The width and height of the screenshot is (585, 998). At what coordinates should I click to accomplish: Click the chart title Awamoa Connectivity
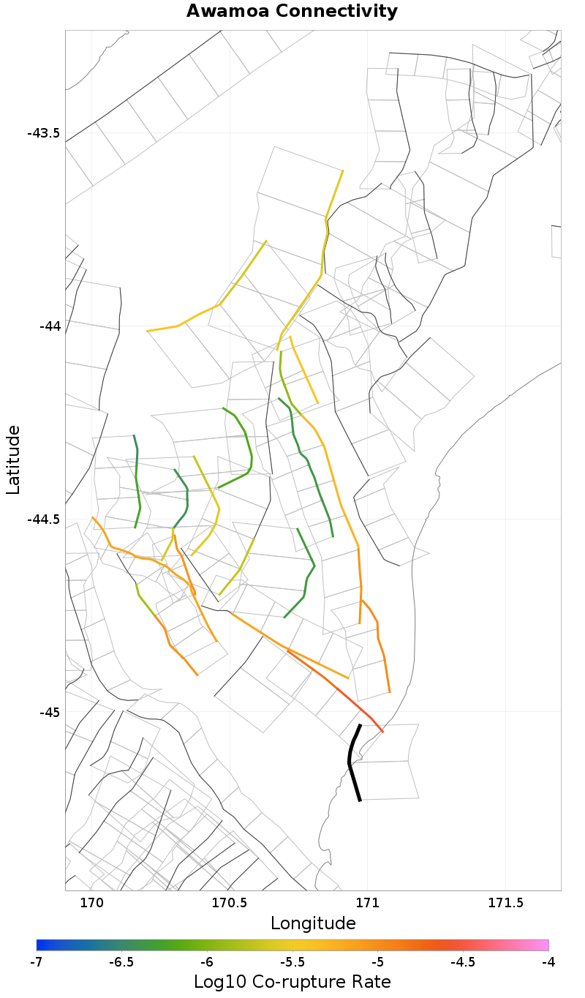click(x=292, y=12)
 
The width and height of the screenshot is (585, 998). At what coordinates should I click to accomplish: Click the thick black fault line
click(x=351, y=761)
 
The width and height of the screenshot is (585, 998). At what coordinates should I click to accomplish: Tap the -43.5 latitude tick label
click(x=43, y=133)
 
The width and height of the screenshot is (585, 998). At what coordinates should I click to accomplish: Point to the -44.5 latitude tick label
click(x=43, y=519)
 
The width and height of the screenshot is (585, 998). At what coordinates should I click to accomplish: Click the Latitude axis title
click(x=14, y=461)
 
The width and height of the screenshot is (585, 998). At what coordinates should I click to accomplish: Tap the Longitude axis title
click(x=313, y=923)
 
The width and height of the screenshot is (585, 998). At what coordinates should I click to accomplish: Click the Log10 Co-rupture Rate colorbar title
click(x=292, y=982)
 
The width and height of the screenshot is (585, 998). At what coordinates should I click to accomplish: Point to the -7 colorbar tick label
click(x=37, y=961)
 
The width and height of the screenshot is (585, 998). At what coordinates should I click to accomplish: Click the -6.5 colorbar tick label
click(x=121, y=961)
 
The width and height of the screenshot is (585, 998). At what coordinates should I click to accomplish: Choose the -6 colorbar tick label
click(x=207, y=961)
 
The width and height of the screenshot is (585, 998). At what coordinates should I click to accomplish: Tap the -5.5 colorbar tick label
click(x=292, y=961)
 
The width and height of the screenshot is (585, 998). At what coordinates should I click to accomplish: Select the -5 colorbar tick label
click(x=377, y=961)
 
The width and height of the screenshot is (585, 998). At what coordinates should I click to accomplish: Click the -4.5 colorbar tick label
click(x=463, y=961)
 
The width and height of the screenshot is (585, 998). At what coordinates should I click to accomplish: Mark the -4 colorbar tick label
click(x=548, y=961)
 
